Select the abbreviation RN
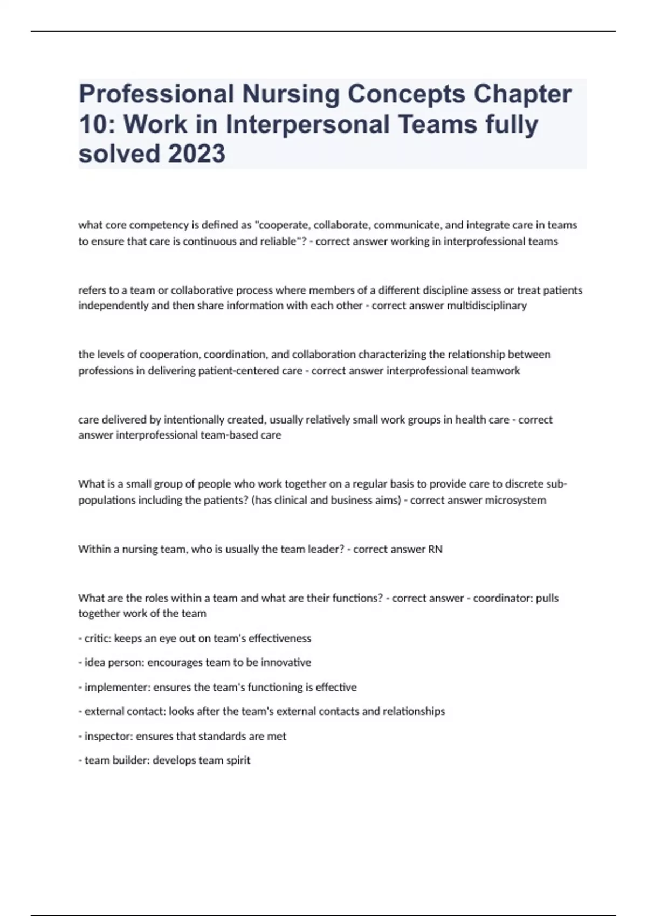point(435,549)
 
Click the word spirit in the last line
point(238,760)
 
